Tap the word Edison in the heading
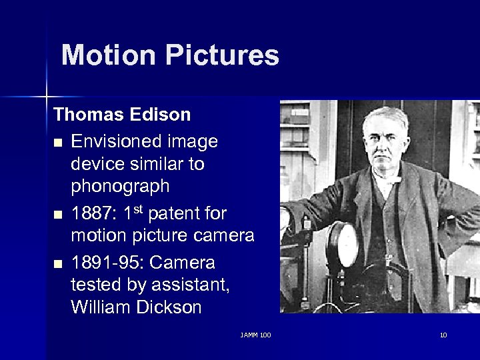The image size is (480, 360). tap(162, 115)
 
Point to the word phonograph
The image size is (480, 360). tap(120, 186)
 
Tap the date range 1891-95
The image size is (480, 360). tap(107, 262)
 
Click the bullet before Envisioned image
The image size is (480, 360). tap(59, 143)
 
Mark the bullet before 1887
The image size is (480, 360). tap(59, 215)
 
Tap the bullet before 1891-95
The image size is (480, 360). tap(59, 263)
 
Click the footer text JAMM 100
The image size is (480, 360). tap(256, 335)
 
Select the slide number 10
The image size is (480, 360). tap(443, 335)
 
